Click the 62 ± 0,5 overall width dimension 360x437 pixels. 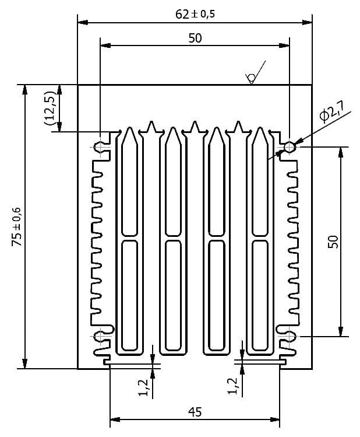point(195,14)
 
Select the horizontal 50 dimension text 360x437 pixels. point(195,39)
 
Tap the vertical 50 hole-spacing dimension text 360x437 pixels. point(333,242)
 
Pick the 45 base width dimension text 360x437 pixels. point(195,412)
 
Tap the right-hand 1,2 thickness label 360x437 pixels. point(232,386)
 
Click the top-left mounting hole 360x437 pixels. point(100,146)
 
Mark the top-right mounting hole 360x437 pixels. point(290,146)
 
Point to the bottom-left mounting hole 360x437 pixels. point(100,336)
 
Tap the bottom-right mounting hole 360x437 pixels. point(290,336)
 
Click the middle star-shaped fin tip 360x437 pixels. point(195,127)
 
